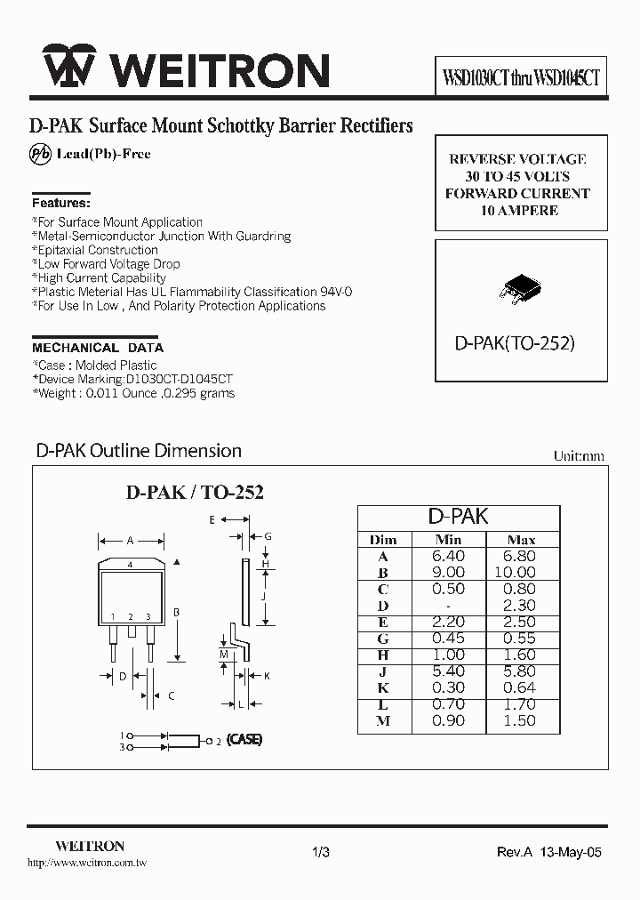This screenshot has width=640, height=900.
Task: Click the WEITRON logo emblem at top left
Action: pyautogui.click(x=68, y=68)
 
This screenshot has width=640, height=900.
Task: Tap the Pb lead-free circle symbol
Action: pyautogui.click(x=41, y=154)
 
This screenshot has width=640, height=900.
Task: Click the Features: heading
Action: pyautogui.click(x=60, y=202)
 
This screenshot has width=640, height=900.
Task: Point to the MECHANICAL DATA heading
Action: pyautogui.click(x=98, y=348)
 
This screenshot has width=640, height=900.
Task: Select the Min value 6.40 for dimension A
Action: pyautogui.click(x=449, y=556)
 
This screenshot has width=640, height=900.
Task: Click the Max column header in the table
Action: pyautogui.click(x=521, y=539)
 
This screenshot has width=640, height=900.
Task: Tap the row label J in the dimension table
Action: pyautogui.click(x=383, y=671)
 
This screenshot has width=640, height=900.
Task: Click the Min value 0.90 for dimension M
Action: pyautogui.click(x=449, y=720)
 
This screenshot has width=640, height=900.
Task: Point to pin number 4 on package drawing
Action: pyautogui.click(x=131, y=565)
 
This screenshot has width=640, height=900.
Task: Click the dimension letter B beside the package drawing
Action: pyautogui.click(x=177, y=613)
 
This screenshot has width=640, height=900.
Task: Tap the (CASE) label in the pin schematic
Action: pyautogui.click(x=244, y=740)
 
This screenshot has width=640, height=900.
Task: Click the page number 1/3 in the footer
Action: pyautogui.click(x=321, y=852)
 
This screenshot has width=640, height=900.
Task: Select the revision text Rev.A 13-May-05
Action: pyautogui.click(x=548, y=852)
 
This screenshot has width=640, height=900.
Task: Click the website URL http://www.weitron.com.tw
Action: pyautogui.click(x=87, y=863)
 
